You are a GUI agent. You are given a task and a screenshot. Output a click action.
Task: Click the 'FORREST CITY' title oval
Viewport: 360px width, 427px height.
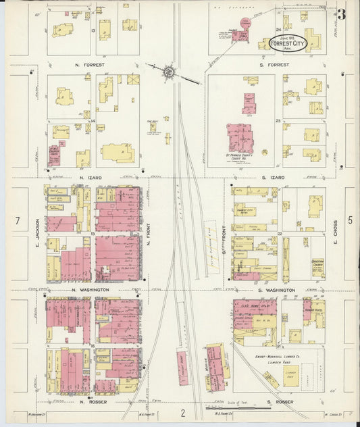coord(286,43)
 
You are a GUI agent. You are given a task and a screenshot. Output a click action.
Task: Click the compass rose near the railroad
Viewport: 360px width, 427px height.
coord(169,70)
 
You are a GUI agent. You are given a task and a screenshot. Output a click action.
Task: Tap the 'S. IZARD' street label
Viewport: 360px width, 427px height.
coord(273,177)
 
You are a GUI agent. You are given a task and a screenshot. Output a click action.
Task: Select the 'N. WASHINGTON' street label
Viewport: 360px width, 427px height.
coord(90,290)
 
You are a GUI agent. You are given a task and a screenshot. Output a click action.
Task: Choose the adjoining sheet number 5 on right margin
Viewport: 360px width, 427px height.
coord(350,220)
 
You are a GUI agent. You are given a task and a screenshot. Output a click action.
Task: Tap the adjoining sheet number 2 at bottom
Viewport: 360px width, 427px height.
coord(182,412)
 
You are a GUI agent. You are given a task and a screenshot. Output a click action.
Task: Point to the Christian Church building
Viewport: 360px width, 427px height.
coord(316,268)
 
